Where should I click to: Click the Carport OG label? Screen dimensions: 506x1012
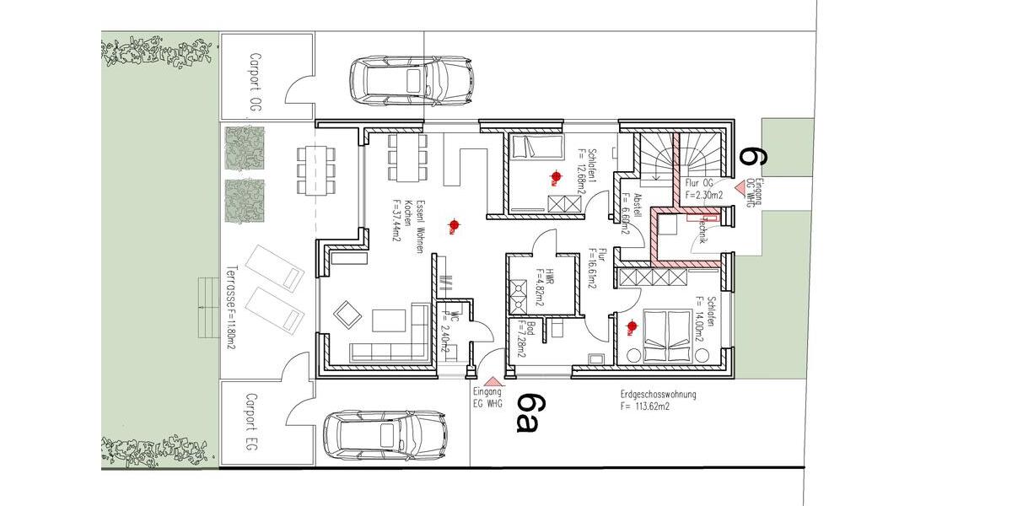[254, 83]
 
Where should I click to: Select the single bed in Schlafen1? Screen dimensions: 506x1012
[537, 149]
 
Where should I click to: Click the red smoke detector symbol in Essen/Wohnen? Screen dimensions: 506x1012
[455, 224]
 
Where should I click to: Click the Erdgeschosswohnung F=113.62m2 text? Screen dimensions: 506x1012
[657, 400]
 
